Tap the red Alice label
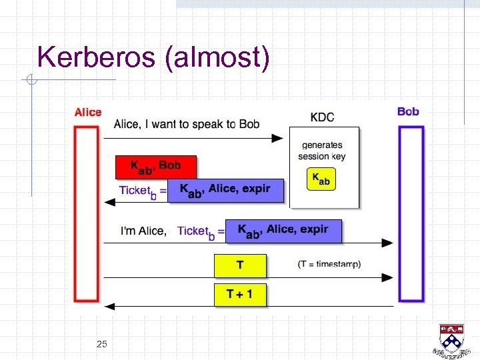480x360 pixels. (x=88, y=113)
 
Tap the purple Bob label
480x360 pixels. (x=408, y=111)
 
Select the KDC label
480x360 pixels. (x=323, y=117)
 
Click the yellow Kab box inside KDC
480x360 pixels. (x=321, y=179)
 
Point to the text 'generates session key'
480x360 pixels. (x=323, y=151)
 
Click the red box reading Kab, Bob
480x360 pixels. (x=157, y=166)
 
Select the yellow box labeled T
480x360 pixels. (x=240, y=265)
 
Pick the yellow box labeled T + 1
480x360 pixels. (x=240, y=294)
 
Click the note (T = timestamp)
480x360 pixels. (x=329, y=264)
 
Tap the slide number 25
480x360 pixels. (x=101, y=344)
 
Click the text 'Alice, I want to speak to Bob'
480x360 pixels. (x=187, y=124)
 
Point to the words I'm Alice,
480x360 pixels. (x=143, y=231)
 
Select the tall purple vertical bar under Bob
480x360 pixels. (x=411, y=213)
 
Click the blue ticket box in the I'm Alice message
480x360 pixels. (x=283, y=231)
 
